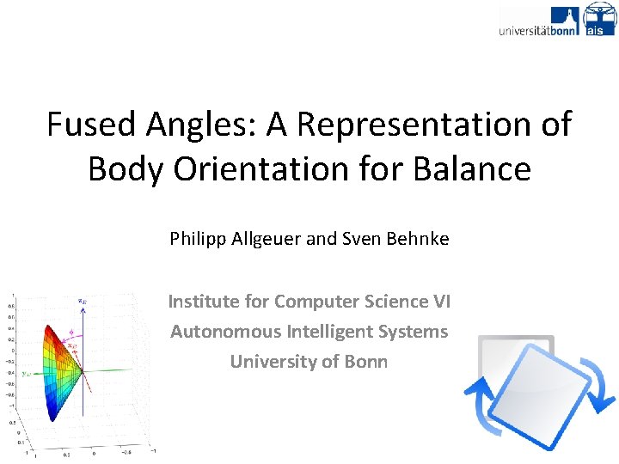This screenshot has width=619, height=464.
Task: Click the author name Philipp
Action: coord(199,239)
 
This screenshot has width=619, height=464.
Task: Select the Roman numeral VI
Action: coord(440,302)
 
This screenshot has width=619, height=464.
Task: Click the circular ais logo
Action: coord(599,18)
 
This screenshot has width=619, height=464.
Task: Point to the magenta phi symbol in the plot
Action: coord(70,333)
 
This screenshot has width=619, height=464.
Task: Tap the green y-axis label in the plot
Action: coord(27,374)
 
